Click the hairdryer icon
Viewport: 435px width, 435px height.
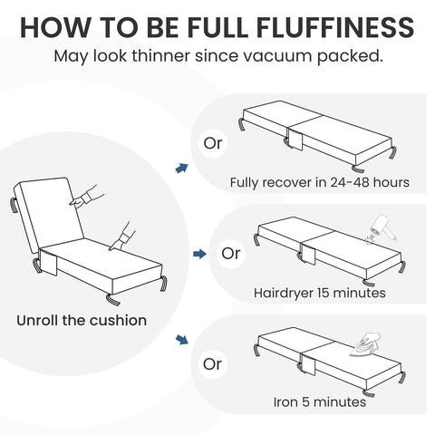pos(382,228)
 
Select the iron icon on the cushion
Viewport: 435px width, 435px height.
pos(365,343)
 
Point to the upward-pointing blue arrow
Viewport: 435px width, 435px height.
pos(182,168)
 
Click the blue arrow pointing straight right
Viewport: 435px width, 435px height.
pos(199,254)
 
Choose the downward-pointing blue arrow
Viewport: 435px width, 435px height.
pos(182,339)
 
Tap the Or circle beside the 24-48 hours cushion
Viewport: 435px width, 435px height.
pos(213,143)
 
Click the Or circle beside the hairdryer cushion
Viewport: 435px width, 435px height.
pos(231,254)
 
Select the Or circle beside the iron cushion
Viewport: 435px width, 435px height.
pos(213,364)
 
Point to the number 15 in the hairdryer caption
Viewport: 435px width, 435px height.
pos(323,293)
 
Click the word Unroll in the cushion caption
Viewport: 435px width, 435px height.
pos(37,321)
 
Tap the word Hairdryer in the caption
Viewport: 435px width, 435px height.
pos(284,294)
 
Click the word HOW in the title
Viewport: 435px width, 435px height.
pos(55,27)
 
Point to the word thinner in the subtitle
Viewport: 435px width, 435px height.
pos(161,56)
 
